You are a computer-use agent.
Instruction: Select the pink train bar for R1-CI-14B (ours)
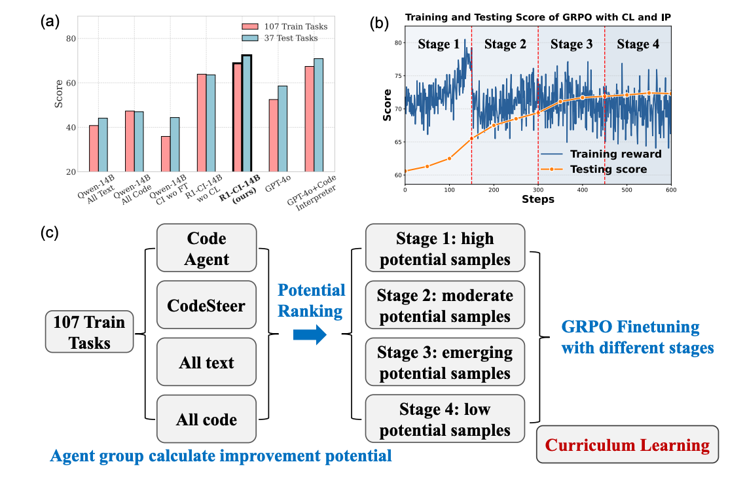click(238, 117)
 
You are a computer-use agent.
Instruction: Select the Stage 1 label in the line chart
click(438, 44)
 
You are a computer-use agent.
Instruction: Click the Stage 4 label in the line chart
click(638, 44)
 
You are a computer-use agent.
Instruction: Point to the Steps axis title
click(538, 200)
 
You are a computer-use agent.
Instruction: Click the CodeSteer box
click(206, 306)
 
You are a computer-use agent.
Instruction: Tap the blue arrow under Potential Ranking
click(310, 336)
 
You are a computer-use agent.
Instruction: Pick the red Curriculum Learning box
click(627, 446)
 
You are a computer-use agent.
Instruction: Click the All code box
click(206, 419)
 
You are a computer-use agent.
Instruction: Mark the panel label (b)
click(379, 24)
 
